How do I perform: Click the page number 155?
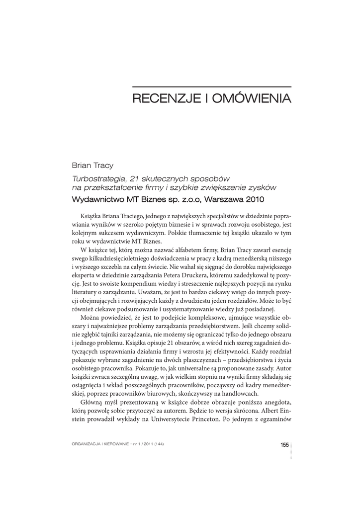coord(284,444)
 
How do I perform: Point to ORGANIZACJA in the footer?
coord(87,444)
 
